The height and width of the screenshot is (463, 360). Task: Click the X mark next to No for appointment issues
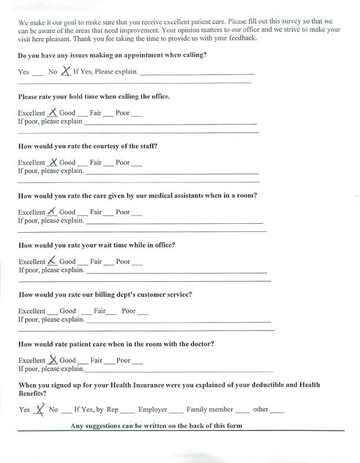[66, 70]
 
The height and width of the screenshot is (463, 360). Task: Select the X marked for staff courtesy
[53, 161]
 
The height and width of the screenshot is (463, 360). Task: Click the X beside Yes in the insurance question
[40, 409]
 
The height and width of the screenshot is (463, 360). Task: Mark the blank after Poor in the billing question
[142, 312]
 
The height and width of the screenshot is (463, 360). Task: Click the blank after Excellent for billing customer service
[52, 312]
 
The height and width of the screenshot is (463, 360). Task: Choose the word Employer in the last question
[153, 409]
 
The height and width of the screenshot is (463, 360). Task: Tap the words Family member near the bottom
[210, 409]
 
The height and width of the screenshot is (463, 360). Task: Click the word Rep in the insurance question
[112, 409]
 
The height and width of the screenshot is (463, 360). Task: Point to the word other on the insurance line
[261, 409]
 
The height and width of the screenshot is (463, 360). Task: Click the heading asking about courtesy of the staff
[88, 146]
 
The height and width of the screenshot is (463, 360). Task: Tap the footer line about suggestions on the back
[156, 426]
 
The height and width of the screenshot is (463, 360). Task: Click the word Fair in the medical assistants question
[96, 212]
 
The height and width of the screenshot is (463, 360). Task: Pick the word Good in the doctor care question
[67, 360]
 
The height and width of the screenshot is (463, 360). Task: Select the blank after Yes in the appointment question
[37, 73]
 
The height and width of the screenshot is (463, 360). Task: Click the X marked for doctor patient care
[53, 359]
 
